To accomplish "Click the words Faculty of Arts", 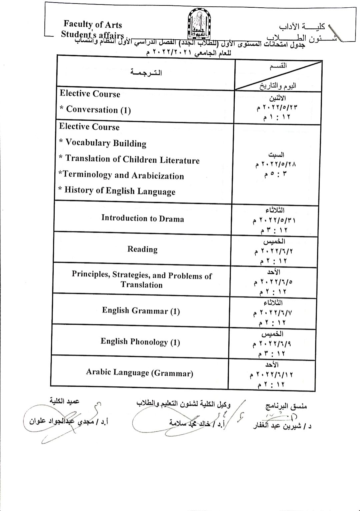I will (x=93, y=24).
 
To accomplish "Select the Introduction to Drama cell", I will (x=143, y=219).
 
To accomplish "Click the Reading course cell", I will (x=142, y=249).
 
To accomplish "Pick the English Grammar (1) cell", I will (x=141, y=311).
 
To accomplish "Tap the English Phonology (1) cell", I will (x=140, y=342).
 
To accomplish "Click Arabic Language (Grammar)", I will (x=140, y=373).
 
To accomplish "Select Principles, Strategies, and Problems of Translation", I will (x=142, y=280).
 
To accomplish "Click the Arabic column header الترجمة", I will (x=146, y=73).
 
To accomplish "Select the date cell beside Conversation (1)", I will (x=277, y=107).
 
